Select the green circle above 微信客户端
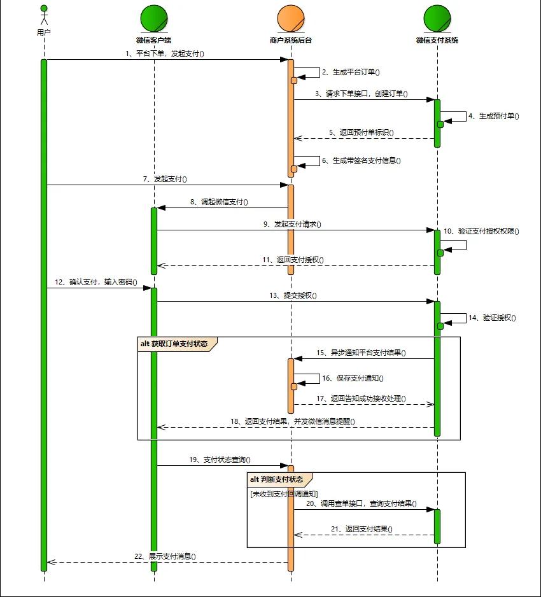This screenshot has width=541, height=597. click(154, 17)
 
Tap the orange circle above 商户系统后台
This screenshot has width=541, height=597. click(291, 17)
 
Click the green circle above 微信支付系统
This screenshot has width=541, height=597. click(437, 17)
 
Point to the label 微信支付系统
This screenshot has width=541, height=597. click(437, 40)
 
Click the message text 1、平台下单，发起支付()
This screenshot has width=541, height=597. click(164, 53)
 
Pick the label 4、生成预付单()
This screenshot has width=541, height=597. click(493, 116)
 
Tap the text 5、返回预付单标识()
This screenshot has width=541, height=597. click(361, 133)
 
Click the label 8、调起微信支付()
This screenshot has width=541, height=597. click(219, 202)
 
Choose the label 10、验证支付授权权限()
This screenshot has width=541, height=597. click(481, 231)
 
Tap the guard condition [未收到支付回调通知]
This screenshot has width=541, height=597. click(284, 494)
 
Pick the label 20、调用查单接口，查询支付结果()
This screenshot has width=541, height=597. click(361, 503)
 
